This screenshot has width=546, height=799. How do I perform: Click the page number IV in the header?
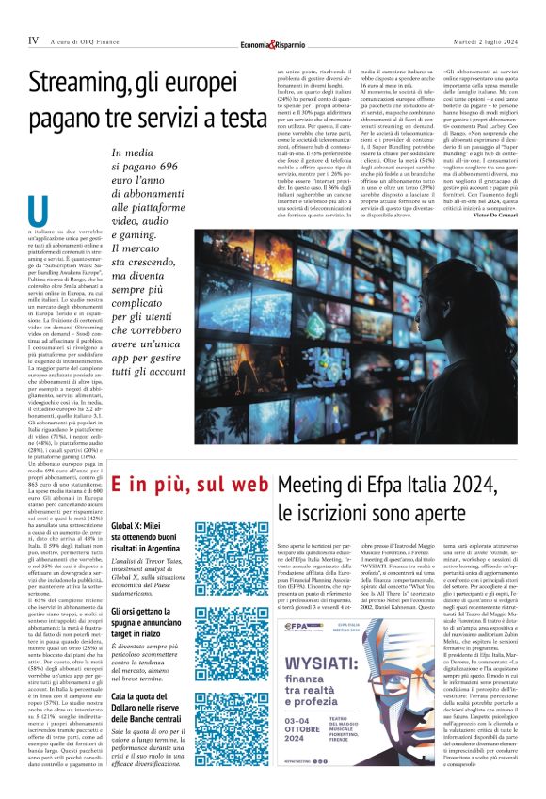point(34,40)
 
